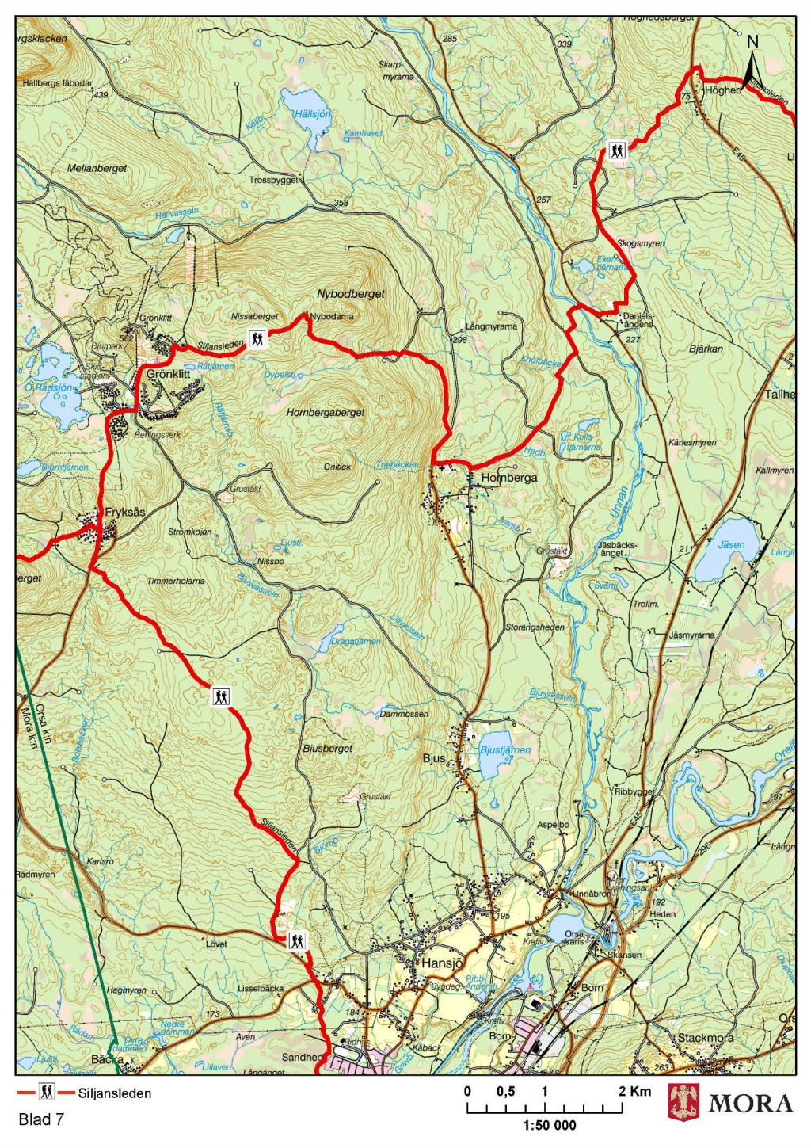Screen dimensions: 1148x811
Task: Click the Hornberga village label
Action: click(509, 478)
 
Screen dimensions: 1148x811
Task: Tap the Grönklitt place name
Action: click(168, 374)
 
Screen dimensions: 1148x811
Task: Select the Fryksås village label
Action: click(125, 513)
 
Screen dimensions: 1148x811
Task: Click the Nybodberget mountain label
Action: click(351, 294)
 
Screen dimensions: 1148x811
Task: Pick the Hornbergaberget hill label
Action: click(326, 413)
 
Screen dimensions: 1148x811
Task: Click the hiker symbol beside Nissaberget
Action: click(257, 339)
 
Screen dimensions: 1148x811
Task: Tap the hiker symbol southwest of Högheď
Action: click(617, 150)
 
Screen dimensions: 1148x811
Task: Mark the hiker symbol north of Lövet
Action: click(296, 940)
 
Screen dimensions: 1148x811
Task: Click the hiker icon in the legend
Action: click(48, 1093)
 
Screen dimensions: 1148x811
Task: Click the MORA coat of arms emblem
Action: click(684, 1102)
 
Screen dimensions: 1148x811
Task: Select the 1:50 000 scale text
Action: click(550, 1125)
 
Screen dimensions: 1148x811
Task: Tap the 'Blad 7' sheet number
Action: click(40, 1119)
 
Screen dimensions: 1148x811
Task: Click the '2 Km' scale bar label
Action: click(635, 1091)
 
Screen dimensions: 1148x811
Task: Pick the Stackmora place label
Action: click(705, 1037)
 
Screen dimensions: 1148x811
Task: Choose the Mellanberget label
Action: click(97, 168)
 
